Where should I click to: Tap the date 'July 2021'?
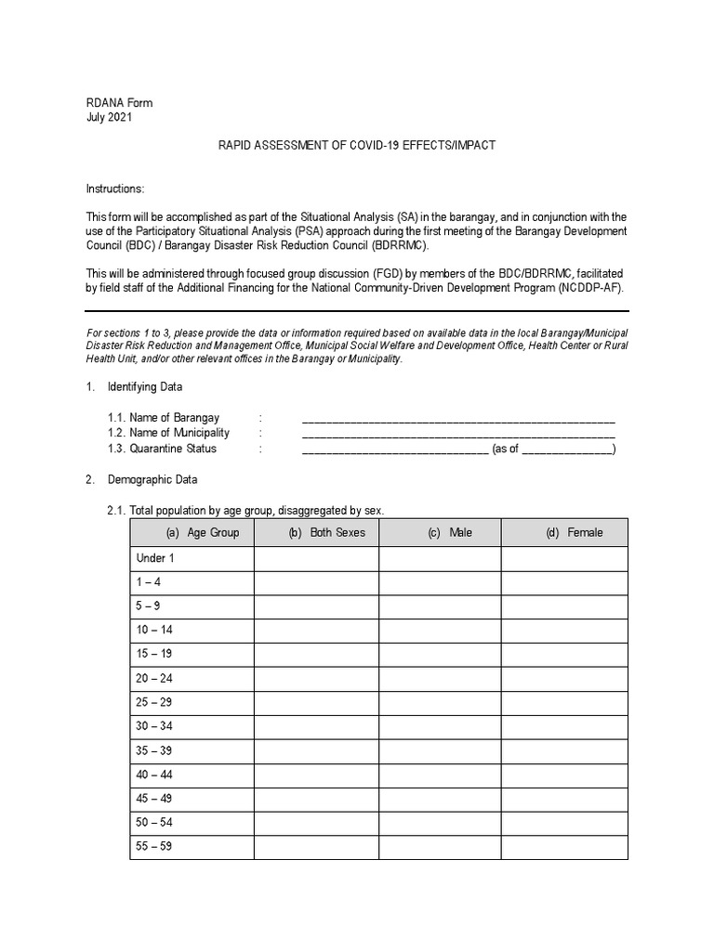(110, 118)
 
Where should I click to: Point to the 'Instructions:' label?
(115, 189)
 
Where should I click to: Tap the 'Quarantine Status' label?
(173, 449)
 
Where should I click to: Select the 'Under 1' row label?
(155, 558)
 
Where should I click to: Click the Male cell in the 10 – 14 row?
(440, 631)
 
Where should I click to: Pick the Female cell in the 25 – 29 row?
(564, 703)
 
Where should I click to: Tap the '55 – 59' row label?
(154, 847)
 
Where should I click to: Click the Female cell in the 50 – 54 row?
(564, 823)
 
